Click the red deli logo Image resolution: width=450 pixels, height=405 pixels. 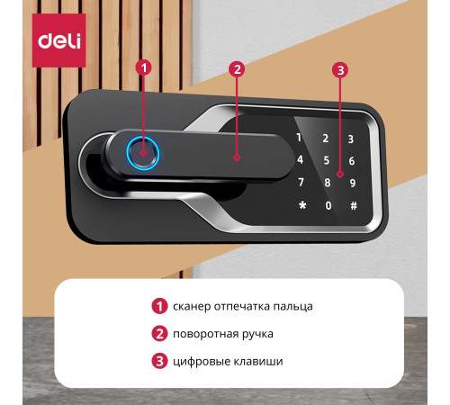click(59, 40)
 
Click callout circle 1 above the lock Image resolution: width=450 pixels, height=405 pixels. click(144, 67)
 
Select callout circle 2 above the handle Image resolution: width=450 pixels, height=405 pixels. click(237, 69)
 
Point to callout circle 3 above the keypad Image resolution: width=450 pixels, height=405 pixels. click(340, 70)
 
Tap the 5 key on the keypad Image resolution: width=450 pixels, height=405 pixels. click(327, 160)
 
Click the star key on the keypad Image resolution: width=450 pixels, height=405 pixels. click(302, 205)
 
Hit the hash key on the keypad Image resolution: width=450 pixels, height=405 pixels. click(354, 206)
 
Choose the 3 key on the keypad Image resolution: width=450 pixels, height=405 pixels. click(351, 139)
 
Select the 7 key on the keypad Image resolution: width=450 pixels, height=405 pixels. click(301, 182)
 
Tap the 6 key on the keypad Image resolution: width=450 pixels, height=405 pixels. click(352, 161)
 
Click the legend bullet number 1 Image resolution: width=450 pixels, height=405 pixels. click(159, 306)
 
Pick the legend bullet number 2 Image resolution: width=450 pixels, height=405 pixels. click(159, 334)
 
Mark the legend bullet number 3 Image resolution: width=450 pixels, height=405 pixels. click(159, 361)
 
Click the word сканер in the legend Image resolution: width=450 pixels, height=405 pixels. click(192, 307)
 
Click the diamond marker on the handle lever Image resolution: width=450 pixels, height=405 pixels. click(237, 157)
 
